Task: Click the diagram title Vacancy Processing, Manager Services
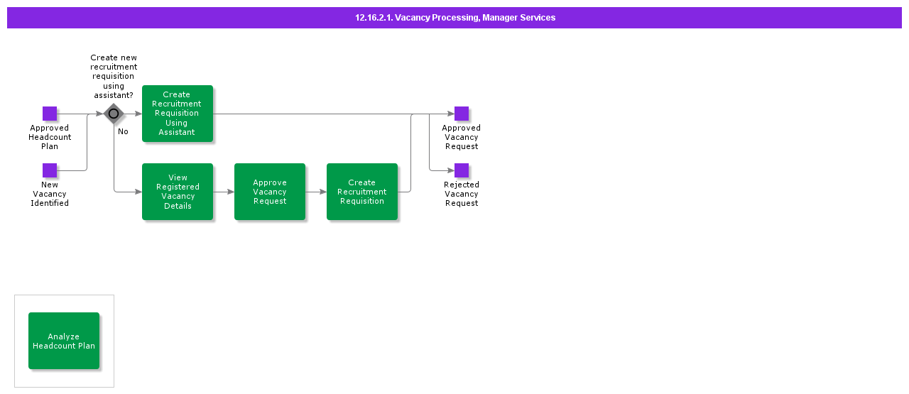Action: click(455, 18)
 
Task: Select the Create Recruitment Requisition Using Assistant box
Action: click(178, 114)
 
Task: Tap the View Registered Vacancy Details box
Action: click(178, 192)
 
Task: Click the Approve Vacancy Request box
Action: click(270, 192)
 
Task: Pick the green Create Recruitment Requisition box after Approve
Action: click(362, 192)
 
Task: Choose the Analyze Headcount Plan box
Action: click(64, 341)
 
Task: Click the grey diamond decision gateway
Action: click(114, 114)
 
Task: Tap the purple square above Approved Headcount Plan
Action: click(50, 114)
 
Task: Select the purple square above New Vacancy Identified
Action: click(50, 170)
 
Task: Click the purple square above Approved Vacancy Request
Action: click(462, 114)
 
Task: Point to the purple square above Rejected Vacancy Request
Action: click(462, 170)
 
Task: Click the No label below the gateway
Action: click(123, 132)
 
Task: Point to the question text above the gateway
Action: click(114, 77)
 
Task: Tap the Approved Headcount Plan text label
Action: click(50, 137)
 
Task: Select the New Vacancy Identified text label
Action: click(50, 194)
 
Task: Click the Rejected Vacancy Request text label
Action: click(462, 194)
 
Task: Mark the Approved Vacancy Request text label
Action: click(462, 137)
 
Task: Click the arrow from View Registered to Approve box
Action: click(224, 192)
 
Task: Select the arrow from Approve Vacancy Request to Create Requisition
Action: click(316, 192)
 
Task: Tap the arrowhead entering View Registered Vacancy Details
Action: click(138, 192)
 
